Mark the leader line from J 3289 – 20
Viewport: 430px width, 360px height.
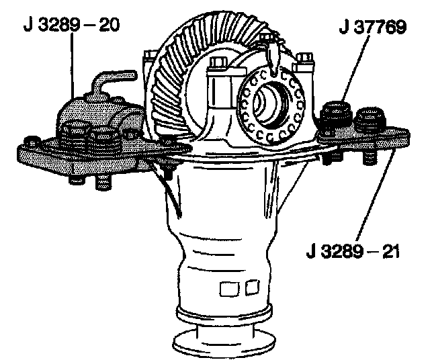click(73, 67)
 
